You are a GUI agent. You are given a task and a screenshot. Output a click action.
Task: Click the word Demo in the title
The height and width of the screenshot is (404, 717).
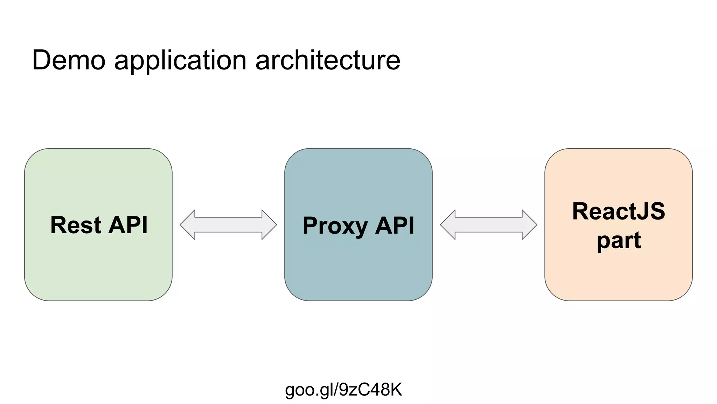click(x=69, y=60)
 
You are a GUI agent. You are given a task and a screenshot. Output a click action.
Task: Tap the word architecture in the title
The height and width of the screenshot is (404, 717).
click(x=328, y=60)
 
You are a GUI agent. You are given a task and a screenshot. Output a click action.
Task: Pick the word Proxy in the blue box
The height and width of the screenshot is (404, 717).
click(x=335, y=226)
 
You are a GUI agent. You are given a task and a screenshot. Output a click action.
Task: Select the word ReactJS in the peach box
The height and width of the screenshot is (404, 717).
click(x=619, y=211)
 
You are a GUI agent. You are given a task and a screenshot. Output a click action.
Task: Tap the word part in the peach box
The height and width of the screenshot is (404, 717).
click(x=619, y=241)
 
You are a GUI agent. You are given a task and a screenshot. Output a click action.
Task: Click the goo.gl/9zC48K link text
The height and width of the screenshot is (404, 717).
click(x=343, y=390)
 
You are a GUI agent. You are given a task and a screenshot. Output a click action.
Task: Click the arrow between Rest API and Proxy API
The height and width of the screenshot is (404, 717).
click(x=228, y=225)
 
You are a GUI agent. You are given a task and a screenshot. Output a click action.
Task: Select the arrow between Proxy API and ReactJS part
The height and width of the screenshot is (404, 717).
click(x=488, y=225)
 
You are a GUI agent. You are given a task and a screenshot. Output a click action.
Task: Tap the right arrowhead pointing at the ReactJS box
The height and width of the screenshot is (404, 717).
click(x=529, y=225)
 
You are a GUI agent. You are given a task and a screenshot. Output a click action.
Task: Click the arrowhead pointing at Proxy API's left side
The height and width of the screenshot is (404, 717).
click(x=269, y=225)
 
